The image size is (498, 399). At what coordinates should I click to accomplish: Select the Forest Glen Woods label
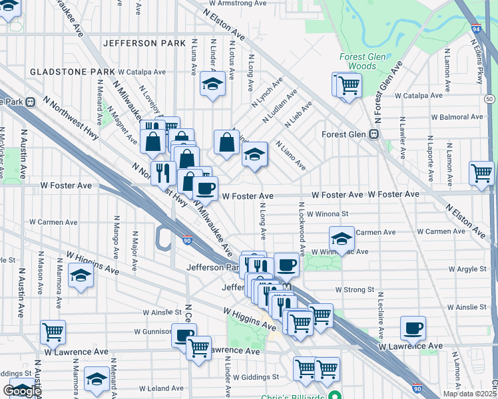[x=362, y=61]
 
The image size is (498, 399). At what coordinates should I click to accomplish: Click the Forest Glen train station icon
[x=374, y=134]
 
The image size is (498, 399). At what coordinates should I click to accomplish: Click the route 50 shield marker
[x=489, y=98]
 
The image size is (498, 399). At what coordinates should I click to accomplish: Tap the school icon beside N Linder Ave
[x=212, y=84]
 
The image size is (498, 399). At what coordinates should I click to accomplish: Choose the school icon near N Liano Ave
[x=254, y=154]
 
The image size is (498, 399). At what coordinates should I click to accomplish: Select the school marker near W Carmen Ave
[x=342, y=237]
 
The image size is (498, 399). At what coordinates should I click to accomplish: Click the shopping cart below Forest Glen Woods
[x=348, y=84]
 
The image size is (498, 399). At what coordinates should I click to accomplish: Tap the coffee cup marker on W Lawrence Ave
[x=413, y=327]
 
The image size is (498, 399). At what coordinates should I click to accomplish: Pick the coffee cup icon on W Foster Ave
[x=206, y=188]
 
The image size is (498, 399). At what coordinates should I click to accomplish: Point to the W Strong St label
[x=355, y=290]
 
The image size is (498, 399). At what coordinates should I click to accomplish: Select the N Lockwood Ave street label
[x=302, y=229]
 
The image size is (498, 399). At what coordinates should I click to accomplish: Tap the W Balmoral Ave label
[x=456, y=117]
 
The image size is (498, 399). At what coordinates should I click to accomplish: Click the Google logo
[x=22, y=391]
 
